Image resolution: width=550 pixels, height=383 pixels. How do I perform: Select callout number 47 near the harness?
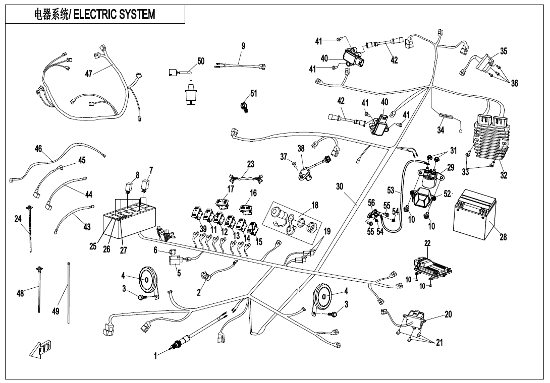pyautogui.click(x=88, y=74)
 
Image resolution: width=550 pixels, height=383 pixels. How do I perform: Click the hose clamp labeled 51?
pyautogui.click(x=245, y=106)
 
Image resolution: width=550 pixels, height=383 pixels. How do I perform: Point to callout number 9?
pyautogui.click(x=243, y=46)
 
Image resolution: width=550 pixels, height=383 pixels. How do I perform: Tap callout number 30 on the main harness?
pyautogui.click(x=340, y=186)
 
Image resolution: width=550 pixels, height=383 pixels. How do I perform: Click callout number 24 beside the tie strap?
pyautogui.click(x=18, y=219)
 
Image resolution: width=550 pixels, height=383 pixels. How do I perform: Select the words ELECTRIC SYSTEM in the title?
pyautogui.click(x=115, y=14)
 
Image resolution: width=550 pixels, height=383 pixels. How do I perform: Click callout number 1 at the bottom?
pyautogui.click(x=156, y=356)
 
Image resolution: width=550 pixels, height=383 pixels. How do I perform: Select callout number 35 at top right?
pyautogui.click(x=504, y=51)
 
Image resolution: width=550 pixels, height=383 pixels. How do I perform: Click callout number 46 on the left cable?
pyautogui.click(x=38, y=149)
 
